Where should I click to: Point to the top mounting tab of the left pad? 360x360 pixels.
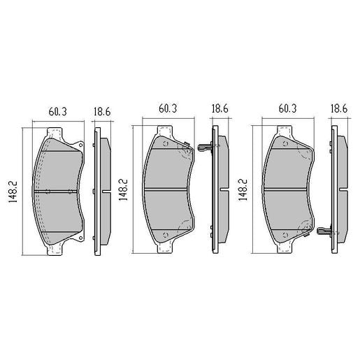pos(55,132)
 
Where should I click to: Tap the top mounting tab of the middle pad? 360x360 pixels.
pos(165,130)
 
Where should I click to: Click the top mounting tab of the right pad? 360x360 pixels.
pos(285,130)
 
